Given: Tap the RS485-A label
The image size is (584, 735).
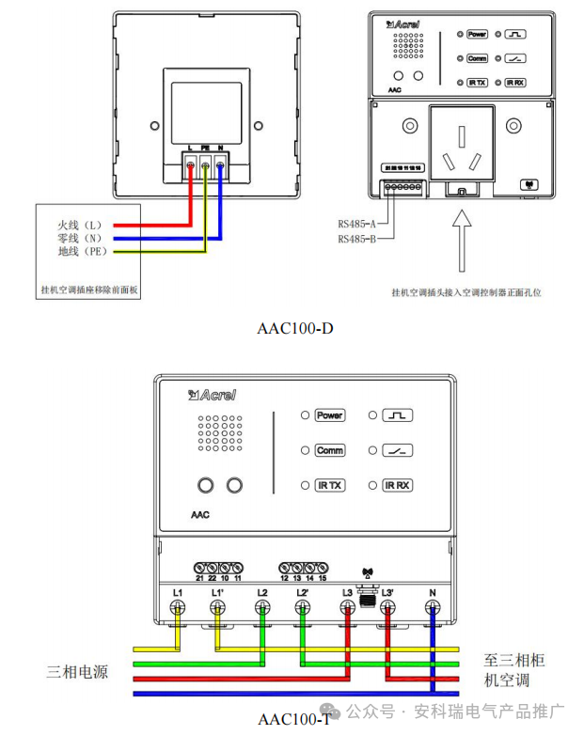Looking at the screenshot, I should pyautogui.click(x=356, y=224).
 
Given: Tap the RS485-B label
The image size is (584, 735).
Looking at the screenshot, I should pyautogui.click(x=356, y=240).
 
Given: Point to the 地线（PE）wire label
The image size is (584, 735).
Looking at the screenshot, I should pyautogui.click(x=82, y=252).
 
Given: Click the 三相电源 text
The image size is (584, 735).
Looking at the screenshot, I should pyautogui.click(x=79, y=671).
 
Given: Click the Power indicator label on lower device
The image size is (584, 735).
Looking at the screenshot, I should pyautogui.click(x=330, y=415).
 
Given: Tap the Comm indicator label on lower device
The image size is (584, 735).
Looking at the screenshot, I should pyautogui.click(x=330, y=451).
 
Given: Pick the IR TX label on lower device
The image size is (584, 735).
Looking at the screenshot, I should pyautogui.click(x=330, y=486).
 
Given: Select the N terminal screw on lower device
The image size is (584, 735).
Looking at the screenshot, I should pyautogui.click(x=433, y=608).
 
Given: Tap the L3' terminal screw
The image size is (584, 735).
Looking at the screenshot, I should pyautogui.click(x=387, y=608).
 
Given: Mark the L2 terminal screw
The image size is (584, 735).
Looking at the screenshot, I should pyautogui.click(x=262, y=608).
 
